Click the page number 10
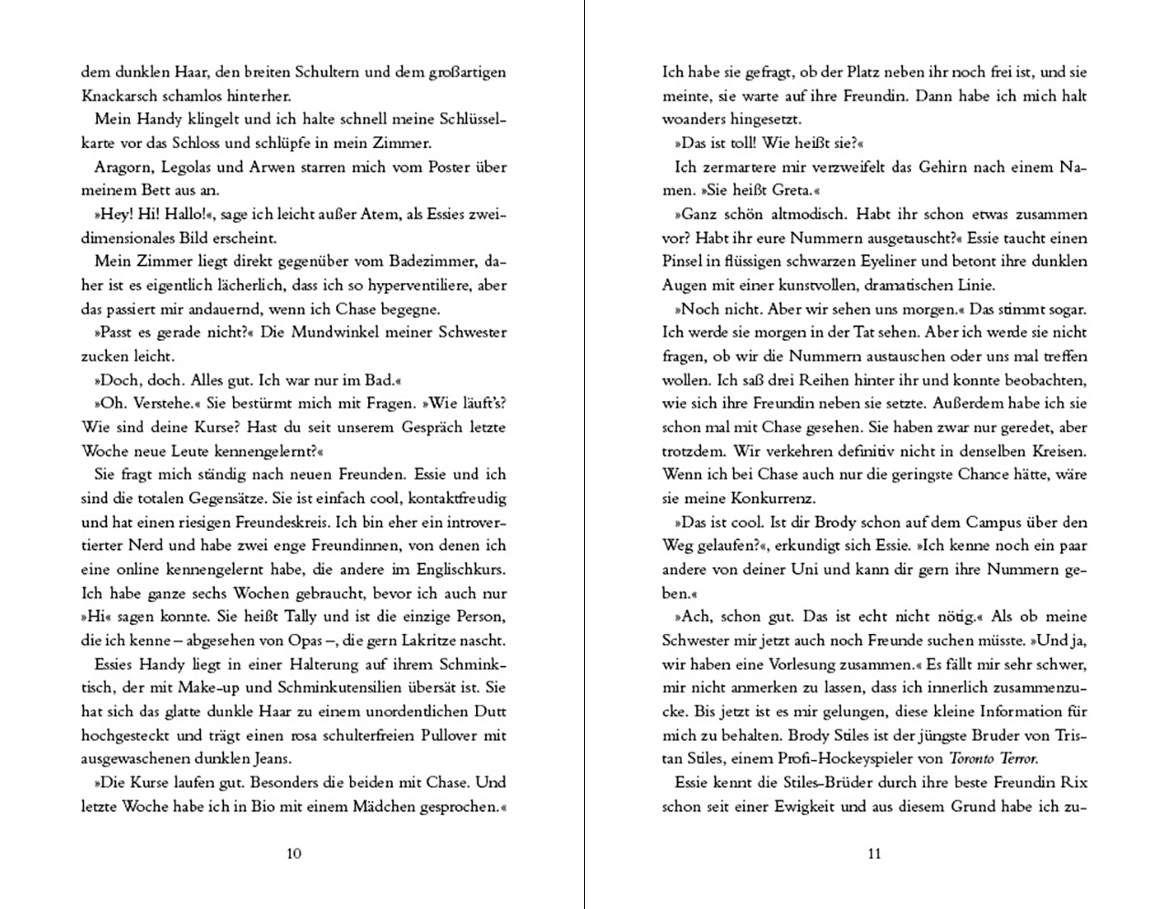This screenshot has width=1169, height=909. [293, 853]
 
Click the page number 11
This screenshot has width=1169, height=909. [874, 853]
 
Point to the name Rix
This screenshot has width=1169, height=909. [1074, 782]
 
